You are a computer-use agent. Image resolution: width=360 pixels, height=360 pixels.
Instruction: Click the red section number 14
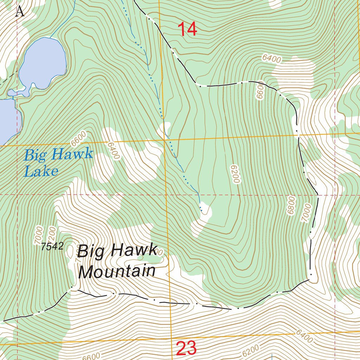[187, 29]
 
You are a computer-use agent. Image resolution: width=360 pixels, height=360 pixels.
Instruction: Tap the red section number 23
[186, 349]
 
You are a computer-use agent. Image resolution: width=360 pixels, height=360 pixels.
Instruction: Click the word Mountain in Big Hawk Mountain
[117, 272]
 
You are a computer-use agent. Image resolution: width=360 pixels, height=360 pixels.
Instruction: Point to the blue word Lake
[41, 171]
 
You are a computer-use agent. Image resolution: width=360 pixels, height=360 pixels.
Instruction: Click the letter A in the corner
[20, 12]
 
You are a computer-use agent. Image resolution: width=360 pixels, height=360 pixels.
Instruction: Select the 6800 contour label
[291, 206]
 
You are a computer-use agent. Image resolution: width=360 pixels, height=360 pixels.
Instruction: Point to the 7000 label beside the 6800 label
[306, 213]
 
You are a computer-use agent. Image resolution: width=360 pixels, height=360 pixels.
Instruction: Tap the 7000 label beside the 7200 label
[39, 236]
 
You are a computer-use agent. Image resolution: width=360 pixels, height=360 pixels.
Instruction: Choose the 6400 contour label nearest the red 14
[271, 58]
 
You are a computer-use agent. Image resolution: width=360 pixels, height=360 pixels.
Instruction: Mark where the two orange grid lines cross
[165, 140]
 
